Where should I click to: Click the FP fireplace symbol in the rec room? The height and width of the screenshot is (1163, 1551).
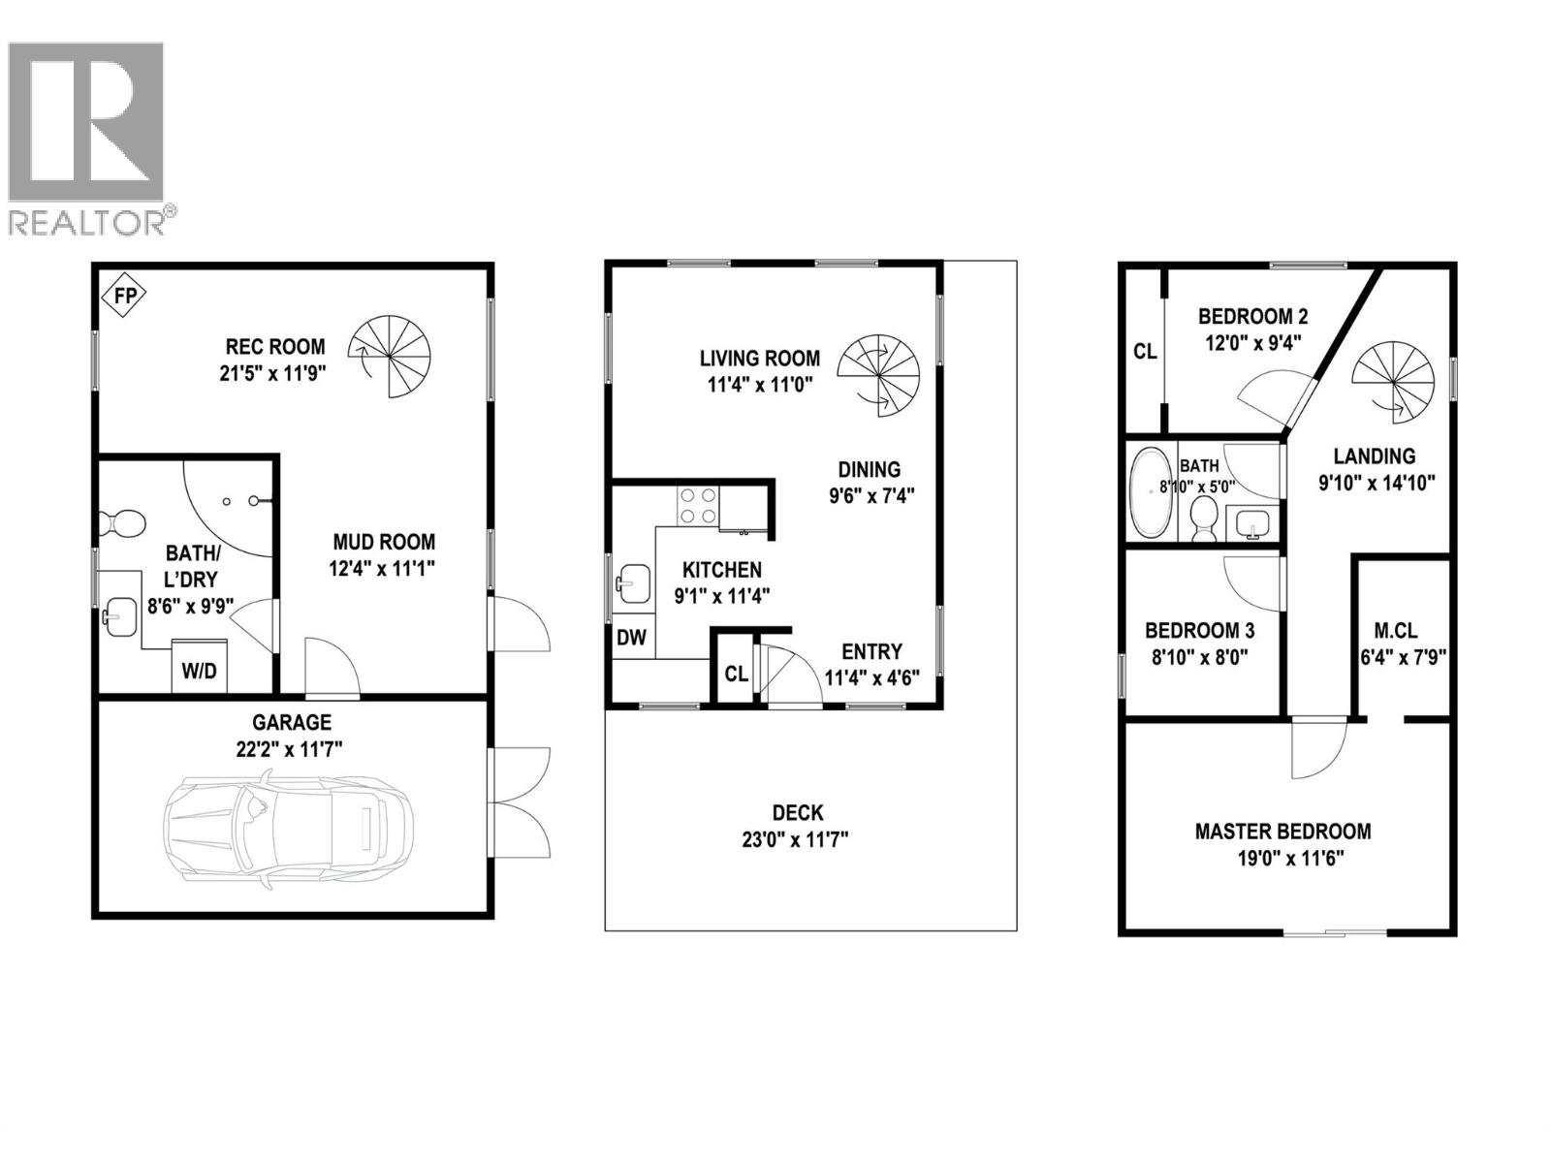tap(125, 295)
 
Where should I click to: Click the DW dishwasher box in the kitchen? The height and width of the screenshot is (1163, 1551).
tap(631, 638)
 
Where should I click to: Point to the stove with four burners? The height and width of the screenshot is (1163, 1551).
tap(698, 505)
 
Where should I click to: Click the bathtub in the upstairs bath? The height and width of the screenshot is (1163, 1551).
tap(1152, 491)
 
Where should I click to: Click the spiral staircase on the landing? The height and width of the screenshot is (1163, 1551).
tap(1393, 380)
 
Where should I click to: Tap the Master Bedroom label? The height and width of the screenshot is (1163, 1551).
tap(1282, 831)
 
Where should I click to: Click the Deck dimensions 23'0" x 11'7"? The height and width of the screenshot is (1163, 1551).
tap(796, 839)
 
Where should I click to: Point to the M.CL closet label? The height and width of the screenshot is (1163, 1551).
tap(1402, 630)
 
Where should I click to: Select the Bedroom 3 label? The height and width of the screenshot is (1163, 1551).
tap(1199, 630)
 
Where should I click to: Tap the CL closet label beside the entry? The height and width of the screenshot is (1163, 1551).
tap(737, 673)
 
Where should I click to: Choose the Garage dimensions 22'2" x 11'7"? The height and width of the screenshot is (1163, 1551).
tap(292, 748)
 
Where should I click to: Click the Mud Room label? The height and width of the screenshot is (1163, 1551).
tap(384, 542)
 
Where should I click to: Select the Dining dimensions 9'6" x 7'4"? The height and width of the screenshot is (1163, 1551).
tap(871, 496)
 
